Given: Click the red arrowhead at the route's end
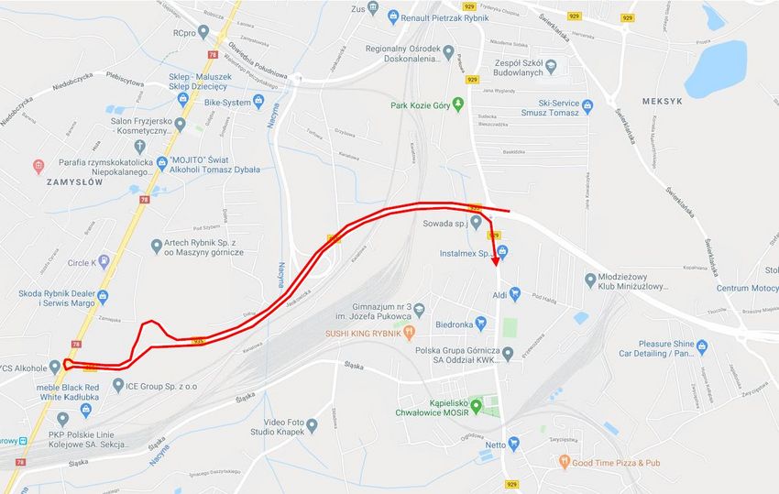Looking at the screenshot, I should pos(496,261).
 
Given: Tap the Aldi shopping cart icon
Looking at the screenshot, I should pos(515,294).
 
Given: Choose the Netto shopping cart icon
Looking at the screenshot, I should pos(513,445).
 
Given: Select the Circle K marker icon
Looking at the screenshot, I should pos(104,262).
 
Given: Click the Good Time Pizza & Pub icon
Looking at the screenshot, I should pos(564,463).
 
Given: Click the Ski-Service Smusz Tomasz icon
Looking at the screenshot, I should pos(588,105).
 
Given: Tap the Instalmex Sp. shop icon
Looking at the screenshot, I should pos(501,252).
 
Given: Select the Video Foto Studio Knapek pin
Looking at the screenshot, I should pos(312,425).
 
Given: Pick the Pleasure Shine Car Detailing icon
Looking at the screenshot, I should pos(702,346).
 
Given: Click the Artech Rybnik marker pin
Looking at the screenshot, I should pos(157,246).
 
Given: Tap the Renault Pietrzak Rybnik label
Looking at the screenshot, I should pos(447,16).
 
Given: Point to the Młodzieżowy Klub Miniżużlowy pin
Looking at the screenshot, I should pos(591,280).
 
